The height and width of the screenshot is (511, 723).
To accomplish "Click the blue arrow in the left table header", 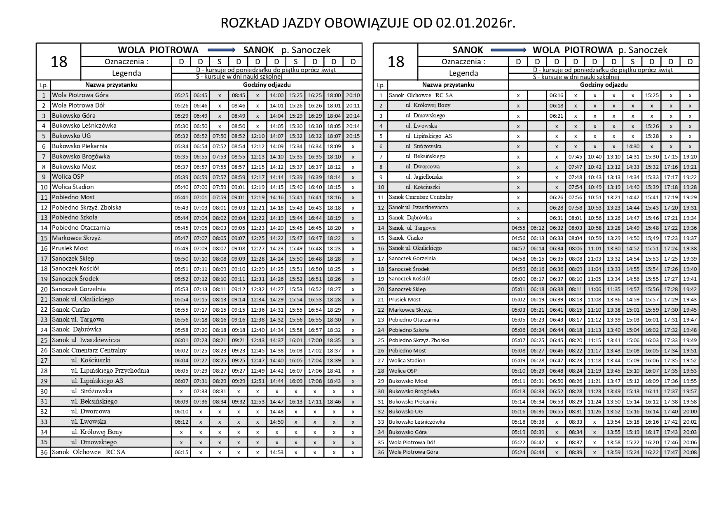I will (221, 50).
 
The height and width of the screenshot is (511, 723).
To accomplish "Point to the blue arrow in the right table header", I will (511, 50).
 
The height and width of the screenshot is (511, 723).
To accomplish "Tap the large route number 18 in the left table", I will (58, 62).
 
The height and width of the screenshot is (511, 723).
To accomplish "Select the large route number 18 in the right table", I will (395, 62).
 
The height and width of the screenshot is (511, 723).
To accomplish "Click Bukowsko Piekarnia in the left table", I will (80, 146).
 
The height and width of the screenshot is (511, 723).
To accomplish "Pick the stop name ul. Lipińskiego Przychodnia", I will (110, 371).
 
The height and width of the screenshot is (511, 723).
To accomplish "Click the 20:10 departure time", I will (353, 95).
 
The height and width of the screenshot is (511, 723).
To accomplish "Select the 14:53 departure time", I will (277, 452).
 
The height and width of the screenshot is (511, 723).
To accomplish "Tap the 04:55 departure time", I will (518, 228).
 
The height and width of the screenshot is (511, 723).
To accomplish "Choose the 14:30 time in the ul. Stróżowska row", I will (633, 146).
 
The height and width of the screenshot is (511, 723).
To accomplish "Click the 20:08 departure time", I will (690, 452).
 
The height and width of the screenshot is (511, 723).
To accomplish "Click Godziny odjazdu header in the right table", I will (604, 85).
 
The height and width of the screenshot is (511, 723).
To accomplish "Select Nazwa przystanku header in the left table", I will (111, 85).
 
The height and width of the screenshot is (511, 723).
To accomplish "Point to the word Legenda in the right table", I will (463, 73).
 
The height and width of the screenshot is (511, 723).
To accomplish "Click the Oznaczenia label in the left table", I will (126, 62).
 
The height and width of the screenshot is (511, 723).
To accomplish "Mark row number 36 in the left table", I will (44, 452).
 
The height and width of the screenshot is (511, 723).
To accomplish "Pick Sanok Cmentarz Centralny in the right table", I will (421, 197).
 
